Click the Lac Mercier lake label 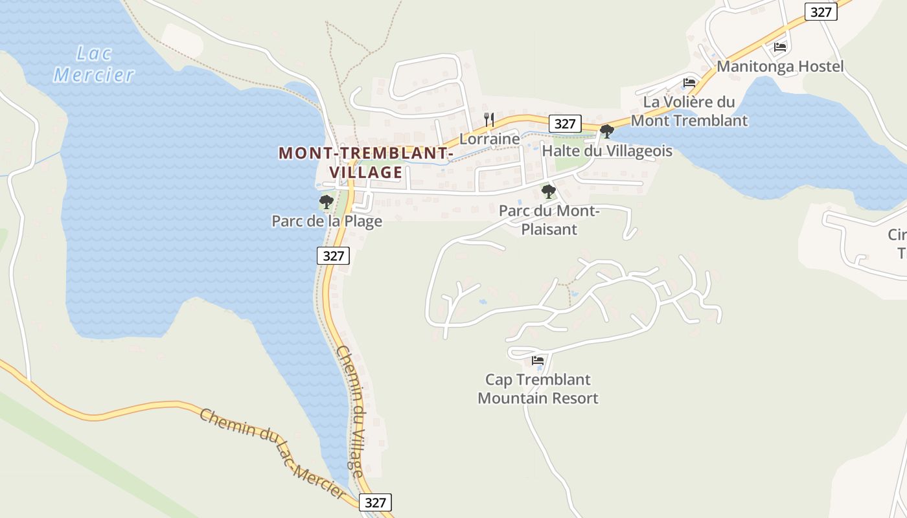95,64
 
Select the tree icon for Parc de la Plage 327,202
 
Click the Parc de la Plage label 327,221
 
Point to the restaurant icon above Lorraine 489,120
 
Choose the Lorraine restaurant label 489,139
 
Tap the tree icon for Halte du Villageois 607,131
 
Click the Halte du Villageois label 607,151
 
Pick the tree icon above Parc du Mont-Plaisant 549,191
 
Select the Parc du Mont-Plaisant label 549,220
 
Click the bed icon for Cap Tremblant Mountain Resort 538,361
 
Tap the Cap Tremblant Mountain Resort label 538,388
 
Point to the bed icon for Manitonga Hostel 780,47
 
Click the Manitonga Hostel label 780,67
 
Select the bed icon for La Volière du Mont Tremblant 689,83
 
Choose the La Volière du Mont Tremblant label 689,111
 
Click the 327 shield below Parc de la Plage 334,256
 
